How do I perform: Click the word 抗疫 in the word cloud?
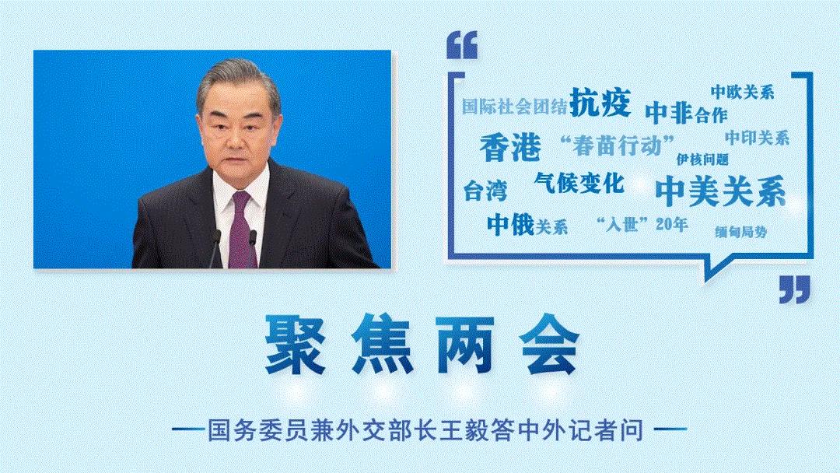[600, 102]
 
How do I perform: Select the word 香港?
[509, 146]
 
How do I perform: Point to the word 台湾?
[485, 191]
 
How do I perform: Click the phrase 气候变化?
[579, 184]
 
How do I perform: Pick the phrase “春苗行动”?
[616, 145]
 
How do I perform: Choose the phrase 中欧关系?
[741, 92]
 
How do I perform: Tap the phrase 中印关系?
[757, 138]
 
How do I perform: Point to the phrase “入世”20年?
[640, 225]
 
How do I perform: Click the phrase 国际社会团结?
[514, 107]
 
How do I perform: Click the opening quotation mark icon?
[463, 46]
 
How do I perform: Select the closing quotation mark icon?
[794, 289]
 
